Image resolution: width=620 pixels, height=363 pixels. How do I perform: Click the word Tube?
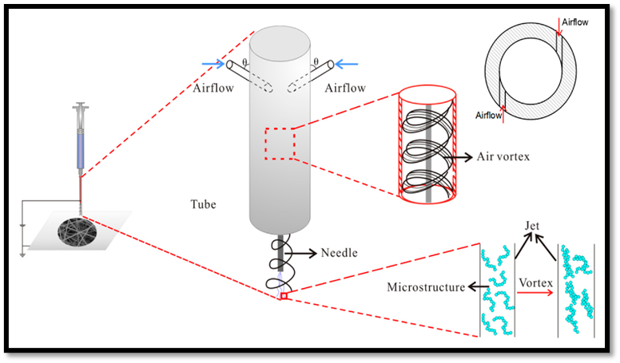(x=204, y=205)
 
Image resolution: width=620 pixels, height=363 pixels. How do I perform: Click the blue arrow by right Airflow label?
(x=346, y=65)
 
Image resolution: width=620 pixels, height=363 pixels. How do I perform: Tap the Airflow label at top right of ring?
(x=574, y=22)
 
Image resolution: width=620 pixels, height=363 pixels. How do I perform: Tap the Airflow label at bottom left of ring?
(x=488, y=116)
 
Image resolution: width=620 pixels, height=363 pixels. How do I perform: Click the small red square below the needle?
(x=282, y=296)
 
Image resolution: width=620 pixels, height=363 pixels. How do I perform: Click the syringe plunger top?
(x=80, y=106)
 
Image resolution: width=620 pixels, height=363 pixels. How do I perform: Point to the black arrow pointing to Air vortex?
(x=459, y=156)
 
